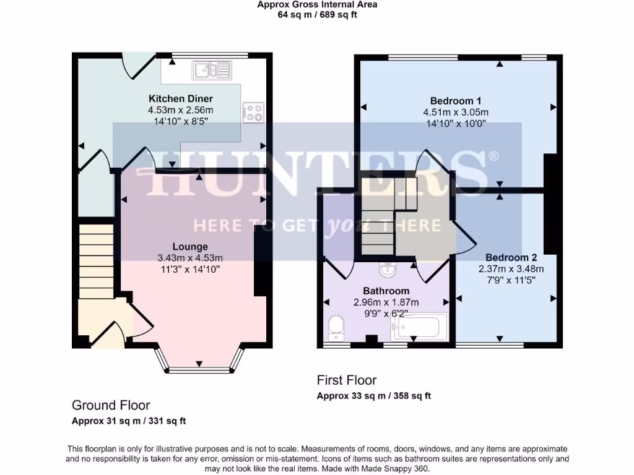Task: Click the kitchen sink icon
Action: tap(212, 70)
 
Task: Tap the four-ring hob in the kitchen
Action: tap(254, 112)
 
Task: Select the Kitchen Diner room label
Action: tap(180, 99)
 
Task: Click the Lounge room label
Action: tap(189, 247)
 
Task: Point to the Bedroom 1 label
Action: tap(456, 101)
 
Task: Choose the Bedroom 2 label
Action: tap(511, 257)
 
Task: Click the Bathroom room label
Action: tap(386, 291)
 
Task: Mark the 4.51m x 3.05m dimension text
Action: tap(456, 112)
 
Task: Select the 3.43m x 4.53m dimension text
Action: tap(189, 258)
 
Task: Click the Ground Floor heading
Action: tap(111, 406)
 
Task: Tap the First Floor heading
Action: tap(346, 380)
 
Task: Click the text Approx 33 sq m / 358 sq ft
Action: tap(374, 396)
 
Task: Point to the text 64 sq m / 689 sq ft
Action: tap(317, 15)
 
